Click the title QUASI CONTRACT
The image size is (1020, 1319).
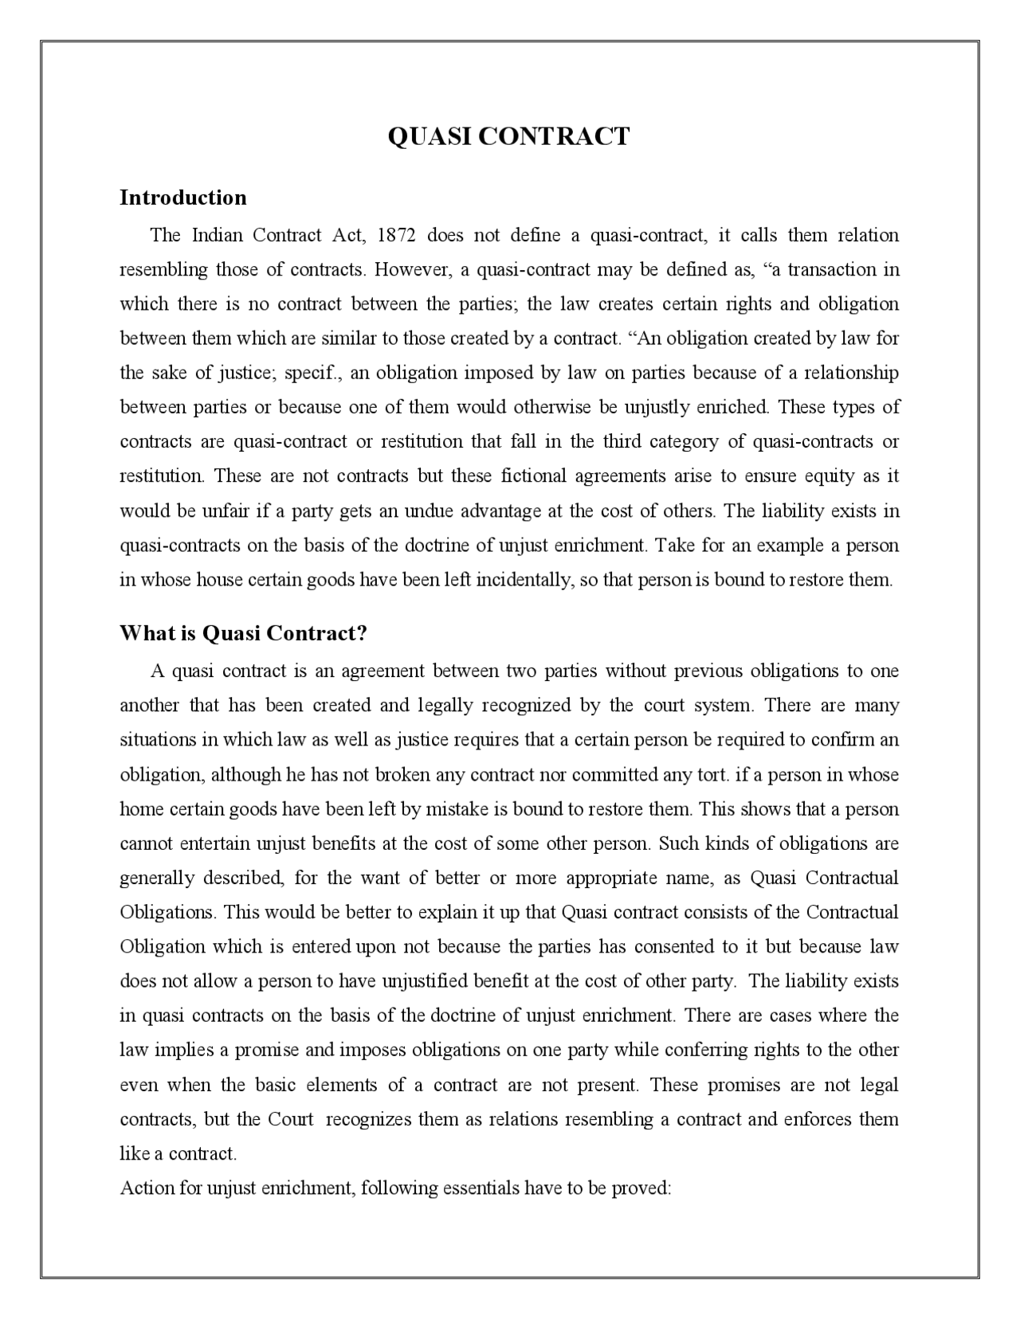[508, 136]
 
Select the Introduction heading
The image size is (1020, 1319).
[183, 198]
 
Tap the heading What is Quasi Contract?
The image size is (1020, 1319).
[244, 633]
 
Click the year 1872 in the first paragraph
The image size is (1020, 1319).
[396, 236]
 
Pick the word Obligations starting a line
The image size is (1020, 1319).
[167, 913]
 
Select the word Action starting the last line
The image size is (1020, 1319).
[146, 1188]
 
